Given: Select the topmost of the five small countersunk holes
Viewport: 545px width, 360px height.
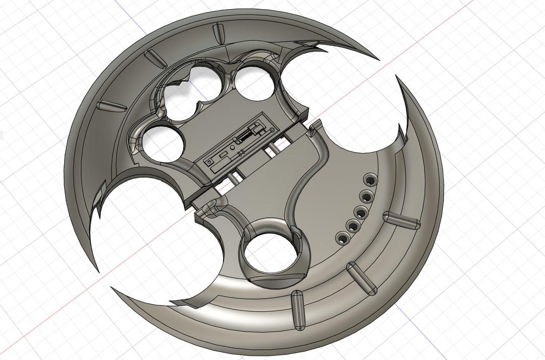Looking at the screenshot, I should pyautogui.click(x=371, y=180).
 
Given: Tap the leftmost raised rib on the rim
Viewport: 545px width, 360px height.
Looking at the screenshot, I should pyautogui.click(x=111, y=106).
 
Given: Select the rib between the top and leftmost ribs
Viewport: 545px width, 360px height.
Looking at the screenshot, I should pyautogui.click(x=156, y=59).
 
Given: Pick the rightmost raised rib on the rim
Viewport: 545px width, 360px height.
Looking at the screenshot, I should pyautogui.click(x=402, y=220).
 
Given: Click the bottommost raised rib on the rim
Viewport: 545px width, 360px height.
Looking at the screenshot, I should pyautogui.click(x=298, y=306).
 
